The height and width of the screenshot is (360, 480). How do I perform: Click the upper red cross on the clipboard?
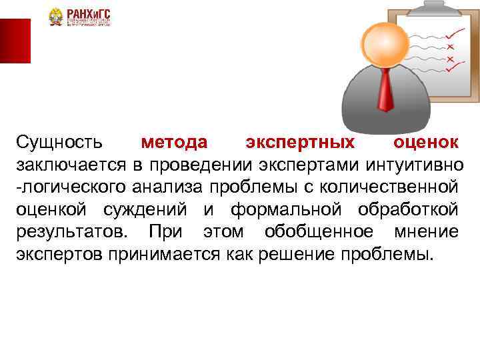click(451, 46)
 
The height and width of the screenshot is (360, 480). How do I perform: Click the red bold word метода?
click(174, 142)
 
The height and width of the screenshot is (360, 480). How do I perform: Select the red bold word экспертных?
click(300, 142)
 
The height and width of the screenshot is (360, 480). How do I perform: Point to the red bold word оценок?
click(425, 142)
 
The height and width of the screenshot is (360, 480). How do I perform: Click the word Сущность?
click(59, 142)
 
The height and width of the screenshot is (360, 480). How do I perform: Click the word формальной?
click(286, 210)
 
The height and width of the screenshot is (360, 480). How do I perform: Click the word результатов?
click(69, 233)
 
